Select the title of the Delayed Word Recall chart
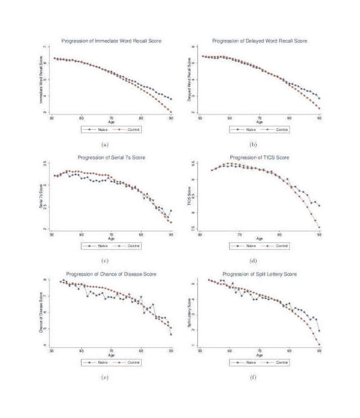259,41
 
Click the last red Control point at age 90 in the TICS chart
319,228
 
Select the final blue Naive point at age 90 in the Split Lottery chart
319,331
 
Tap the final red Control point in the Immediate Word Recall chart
171,112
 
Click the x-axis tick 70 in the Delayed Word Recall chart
259,118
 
